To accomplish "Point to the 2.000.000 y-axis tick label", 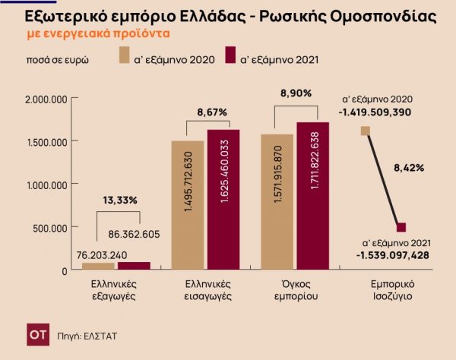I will (47, 99).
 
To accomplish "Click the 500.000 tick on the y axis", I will (54, 227).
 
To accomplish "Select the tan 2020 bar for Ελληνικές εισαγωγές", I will (188, 205).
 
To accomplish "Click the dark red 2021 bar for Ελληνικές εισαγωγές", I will (223, 200).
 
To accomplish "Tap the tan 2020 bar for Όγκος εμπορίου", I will (277, 202).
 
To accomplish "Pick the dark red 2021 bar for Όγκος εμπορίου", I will (312, 196).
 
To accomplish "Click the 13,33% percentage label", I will (120, 201).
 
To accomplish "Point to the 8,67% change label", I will (211, 112).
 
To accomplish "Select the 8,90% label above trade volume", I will (296, 93).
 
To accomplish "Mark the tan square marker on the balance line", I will (366, 131).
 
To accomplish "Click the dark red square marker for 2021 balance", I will (402, 227).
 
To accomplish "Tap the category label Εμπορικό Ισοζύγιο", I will (387, 289).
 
